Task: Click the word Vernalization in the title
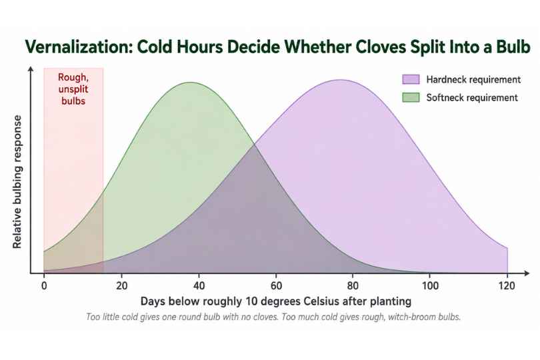pos(78,47)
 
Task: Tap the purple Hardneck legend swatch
pos(411,79)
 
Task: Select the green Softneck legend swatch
pos(411,97)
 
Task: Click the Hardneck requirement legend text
pos(473,79)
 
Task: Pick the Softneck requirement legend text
pos(472,98)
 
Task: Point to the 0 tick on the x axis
pos(44,285)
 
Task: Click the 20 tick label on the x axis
pos(121,285)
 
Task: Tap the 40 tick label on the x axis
pos(199,285)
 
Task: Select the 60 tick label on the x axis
pos(276,285)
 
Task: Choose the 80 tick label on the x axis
pos(353,285)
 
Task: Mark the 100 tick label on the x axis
pos(430,285)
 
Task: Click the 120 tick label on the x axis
pos(507,285)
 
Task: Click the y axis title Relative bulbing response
pos(17,182)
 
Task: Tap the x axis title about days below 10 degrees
pos(276,301)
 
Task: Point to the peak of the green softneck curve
pos(191,83)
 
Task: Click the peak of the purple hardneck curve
pos(340,80)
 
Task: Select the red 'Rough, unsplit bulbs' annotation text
pos(73,89)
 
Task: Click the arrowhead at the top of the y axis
pos(31,69)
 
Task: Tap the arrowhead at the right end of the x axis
pos(526,273)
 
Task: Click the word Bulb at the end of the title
pos(513,47)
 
